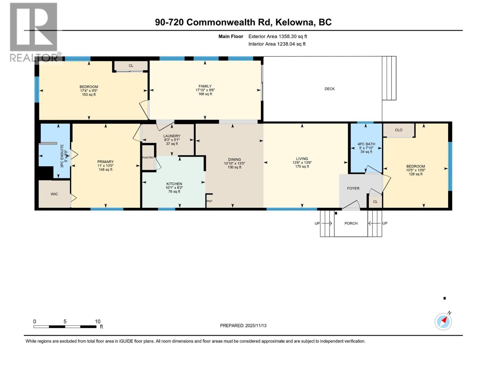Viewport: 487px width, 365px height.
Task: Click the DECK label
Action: click(x=329, y=89)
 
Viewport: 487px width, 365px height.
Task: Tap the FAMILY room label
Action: click(x=205, y=86)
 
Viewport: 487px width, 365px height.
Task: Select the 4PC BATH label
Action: click(x=366, y=144)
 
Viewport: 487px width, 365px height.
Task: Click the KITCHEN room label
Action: click(x=174, y=184)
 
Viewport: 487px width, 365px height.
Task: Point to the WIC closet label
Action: click(x=54, y=194)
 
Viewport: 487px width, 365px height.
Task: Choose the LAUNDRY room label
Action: click(x=172, y=136)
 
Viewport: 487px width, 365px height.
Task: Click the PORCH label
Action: click(x=351, y=223)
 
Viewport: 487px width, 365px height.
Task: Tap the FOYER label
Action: click(x=353, y=188)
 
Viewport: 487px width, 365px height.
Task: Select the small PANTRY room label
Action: click(x=148, y=158)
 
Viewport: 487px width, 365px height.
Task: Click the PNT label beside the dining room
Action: click(x=209, y=201)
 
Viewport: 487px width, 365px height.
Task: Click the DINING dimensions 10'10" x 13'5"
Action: click(x=234, y=163)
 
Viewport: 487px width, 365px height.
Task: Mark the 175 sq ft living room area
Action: click(x=302, y=166)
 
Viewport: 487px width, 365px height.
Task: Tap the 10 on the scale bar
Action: click(x=97, y=322)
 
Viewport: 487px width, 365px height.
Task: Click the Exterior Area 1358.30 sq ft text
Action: click(x=278, y=36)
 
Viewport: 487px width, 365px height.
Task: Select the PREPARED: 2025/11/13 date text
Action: click(x=243, y=325)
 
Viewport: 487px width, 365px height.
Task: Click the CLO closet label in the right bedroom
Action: click(x=398, y=130)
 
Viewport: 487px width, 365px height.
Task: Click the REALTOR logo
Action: click(x=34, y=32)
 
